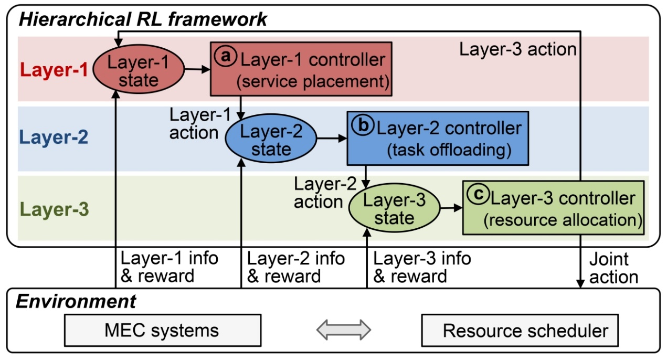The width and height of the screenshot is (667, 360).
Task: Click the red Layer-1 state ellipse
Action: coord(139,72)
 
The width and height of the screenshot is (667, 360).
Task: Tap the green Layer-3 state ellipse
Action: coord(395,209)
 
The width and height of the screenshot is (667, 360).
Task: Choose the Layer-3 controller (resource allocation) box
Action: coord(553,207)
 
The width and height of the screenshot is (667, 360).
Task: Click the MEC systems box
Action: coord(162,331)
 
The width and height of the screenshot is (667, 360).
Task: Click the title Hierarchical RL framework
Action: coord(143,20)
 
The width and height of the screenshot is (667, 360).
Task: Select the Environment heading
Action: coord(76,302)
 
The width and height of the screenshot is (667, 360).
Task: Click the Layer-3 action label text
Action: coord(517,49)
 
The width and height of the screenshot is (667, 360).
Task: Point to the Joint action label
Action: coord(613,268)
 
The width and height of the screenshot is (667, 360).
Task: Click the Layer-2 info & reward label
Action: coord(296,267)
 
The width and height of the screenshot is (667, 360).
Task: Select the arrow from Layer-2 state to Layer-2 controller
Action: coord(331,139)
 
